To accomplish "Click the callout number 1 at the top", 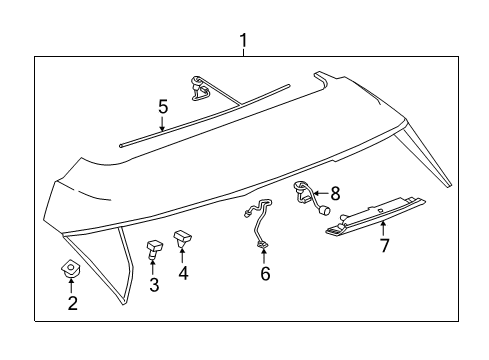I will (243, 41).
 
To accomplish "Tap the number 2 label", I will (72, 303).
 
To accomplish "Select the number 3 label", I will (154, 286).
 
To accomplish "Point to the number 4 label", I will (184, 272).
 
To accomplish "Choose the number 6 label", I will (265, 273).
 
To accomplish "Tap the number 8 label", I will (335, 193).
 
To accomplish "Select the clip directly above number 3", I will (155, 249).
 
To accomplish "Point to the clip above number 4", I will (184, 238).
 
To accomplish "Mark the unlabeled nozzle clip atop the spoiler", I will (200, 88).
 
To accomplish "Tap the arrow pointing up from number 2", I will (71, 287).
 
